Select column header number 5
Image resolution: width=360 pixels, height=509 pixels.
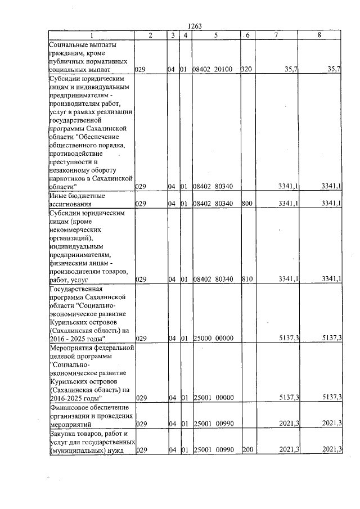point(216,35)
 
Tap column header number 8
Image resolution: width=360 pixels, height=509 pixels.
point(319,35)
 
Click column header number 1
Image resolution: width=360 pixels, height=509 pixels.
point(91,35)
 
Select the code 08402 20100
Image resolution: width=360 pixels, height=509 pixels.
point(216,69)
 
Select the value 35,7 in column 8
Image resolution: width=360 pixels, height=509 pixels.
point(334,69)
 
